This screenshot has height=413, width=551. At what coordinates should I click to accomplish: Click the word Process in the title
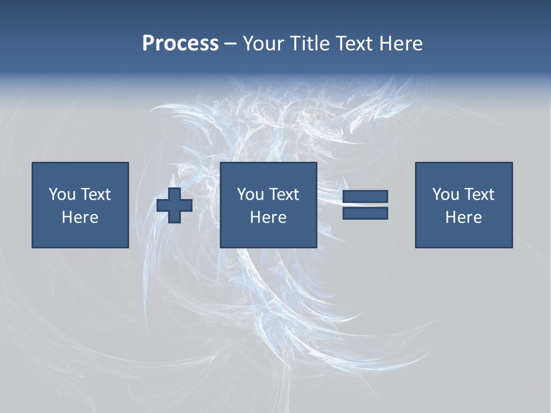(x=180, y=44)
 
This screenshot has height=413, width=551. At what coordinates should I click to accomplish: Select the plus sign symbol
(x=174, y=205)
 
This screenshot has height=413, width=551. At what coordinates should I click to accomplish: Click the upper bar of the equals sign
(x=365, y=197)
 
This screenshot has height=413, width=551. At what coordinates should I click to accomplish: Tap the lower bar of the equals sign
(x=365, y=213)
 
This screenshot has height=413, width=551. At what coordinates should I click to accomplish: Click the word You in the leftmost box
(x=62, y=194)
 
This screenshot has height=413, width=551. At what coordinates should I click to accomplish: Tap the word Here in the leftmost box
(x=80, y=217)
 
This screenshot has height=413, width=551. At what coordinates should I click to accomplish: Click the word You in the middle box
(x=250, y=194)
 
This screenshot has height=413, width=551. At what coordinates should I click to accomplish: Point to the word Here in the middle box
(x=268, y=217)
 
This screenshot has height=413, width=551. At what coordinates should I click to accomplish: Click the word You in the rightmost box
(x=445, y=194)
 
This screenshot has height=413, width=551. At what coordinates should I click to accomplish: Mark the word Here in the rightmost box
(x=463, y=217)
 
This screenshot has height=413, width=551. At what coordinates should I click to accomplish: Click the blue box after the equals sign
(x=464, y=235)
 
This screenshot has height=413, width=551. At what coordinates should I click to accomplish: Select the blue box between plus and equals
(x=269, y=235)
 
